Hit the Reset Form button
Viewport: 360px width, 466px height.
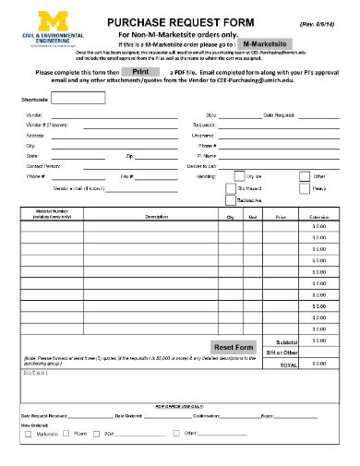click(234, 347)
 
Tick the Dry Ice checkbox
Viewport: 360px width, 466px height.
click(240, 175)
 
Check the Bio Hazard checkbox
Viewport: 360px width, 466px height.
click(240, 187)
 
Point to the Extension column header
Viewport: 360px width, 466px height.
click(318, 216)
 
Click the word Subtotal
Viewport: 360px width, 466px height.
click(286, 341)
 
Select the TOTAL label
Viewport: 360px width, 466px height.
click(289, 365)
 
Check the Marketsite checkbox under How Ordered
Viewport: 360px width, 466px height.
click(28, 433)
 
